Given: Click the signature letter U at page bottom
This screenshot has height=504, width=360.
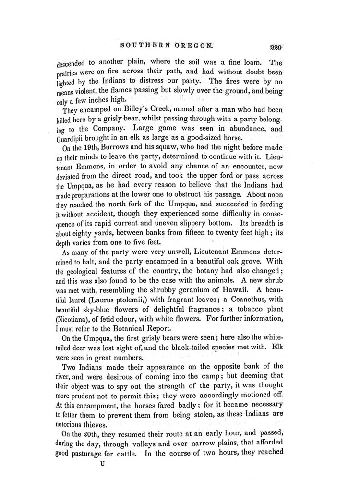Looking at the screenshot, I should tap(101, 465).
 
